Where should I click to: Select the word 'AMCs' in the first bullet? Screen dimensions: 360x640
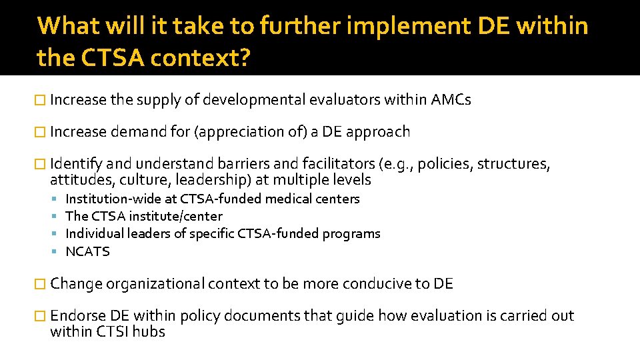[451, 100]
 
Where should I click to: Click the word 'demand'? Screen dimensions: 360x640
[139, 132]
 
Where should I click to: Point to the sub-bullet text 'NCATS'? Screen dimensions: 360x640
[87, 251]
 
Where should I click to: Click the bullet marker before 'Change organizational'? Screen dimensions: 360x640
[41, 284]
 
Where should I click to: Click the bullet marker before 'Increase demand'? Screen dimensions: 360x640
[41, 132]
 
